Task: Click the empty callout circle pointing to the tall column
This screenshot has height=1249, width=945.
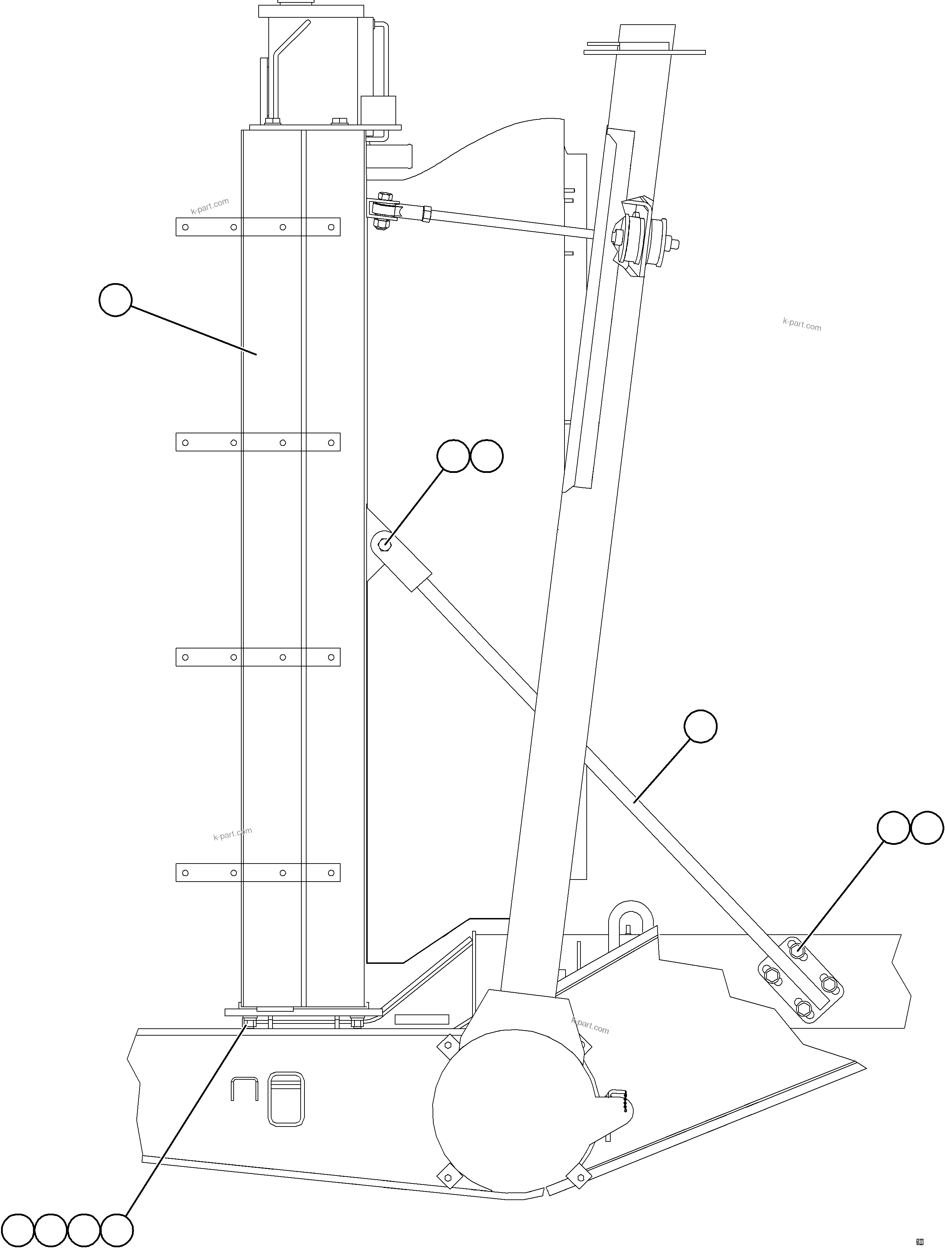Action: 115,300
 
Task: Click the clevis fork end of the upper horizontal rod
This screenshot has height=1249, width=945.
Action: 385,210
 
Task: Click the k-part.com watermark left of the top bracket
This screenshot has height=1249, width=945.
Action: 210,207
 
